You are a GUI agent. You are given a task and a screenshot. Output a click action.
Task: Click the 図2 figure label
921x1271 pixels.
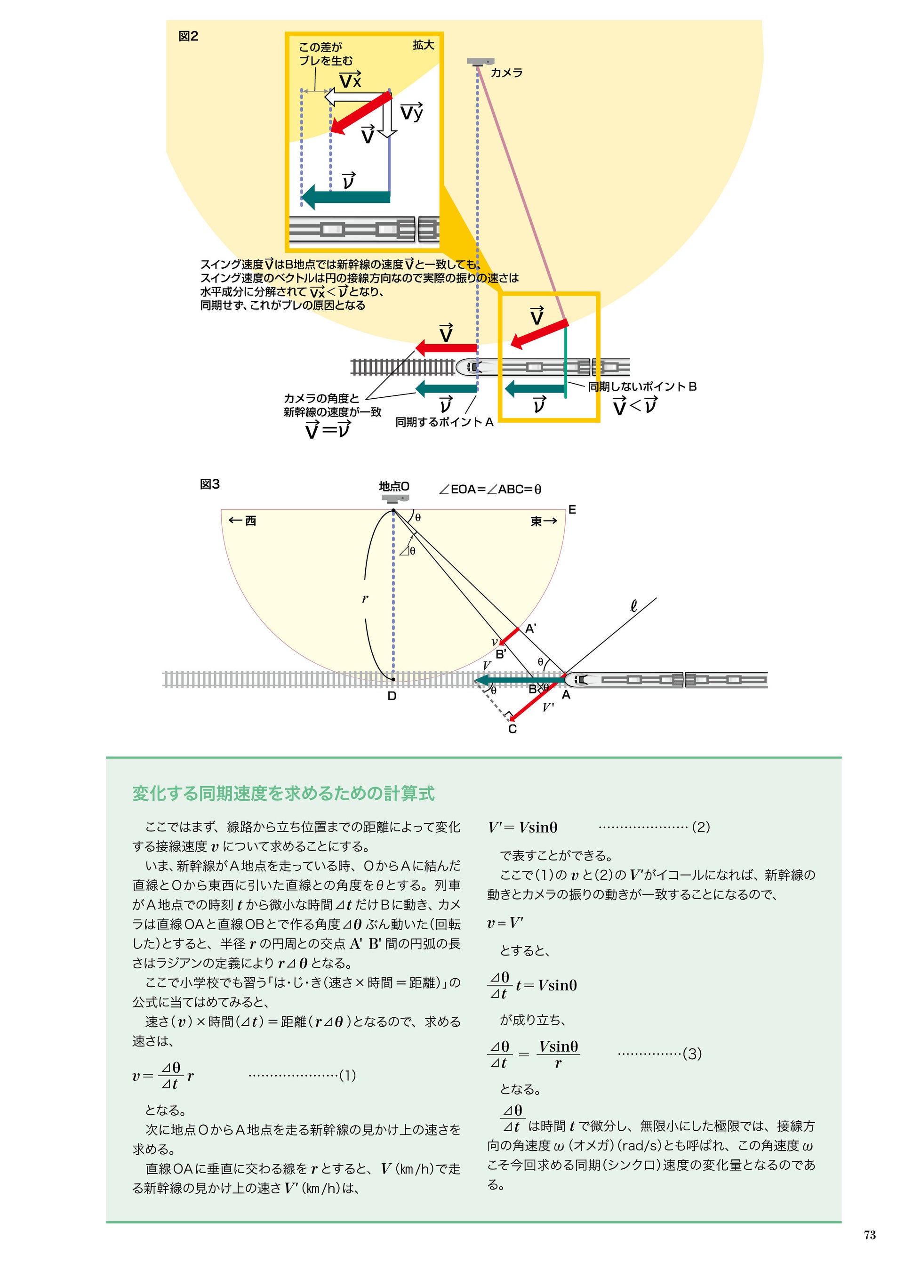[188, 36]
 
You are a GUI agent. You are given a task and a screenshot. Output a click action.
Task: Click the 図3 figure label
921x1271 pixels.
[209, 484]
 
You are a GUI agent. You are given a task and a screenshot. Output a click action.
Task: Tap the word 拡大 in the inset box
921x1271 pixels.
[423, 45]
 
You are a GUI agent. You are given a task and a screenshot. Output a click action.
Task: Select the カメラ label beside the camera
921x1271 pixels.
[506, 73]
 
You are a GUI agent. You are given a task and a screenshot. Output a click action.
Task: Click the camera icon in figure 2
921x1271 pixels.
[481, 61]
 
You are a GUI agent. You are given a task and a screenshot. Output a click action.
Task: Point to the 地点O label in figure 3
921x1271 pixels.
[394, 486]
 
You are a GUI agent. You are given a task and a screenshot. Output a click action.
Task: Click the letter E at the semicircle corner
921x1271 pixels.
[572, 509]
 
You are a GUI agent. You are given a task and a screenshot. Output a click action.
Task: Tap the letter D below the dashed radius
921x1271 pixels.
[392, 696]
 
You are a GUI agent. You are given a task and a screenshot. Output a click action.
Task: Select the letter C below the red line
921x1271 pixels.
[512, 729]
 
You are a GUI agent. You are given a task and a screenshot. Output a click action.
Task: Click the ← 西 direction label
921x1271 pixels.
[242, 521]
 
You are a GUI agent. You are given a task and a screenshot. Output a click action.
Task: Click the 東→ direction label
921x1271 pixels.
[544, 521]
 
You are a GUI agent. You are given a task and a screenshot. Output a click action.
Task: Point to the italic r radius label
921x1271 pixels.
[365, 598]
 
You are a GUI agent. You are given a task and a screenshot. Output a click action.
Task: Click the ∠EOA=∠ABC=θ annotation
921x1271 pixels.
[490, 489]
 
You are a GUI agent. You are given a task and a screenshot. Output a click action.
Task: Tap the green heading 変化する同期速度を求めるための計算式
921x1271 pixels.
[283, 794]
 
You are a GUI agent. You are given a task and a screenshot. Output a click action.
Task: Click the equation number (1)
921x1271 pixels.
[348, 1076]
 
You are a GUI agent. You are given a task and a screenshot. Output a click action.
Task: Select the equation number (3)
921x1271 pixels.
[692, 1054]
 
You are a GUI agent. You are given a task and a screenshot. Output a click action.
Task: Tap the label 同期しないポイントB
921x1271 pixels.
[642, 386]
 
